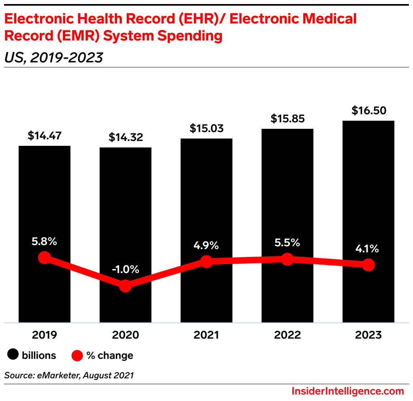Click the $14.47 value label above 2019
click(x=45, y=135)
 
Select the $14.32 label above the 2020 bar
click(x=126, y=137)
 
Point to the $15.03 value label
click(x=206, y=128)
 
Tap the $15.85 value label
click(x=287, y=119)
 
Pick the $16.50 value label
click(x=368, y=110)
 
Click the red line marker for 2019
click(x=45, y=258)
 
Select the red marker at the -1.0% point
click(x=126, y=286)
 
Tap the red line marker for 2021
click(x=206, y=262)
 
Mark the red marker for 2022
click(x=287, y=259)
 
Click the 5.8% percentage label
click(x=45, y=242)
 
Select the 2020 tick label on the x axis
click(x=126, y=335)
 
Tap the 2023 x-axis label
click(x=368, y=335)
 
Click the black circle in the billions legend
click(x=13, y=355)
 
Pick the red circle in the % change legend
click(x=77, y=356)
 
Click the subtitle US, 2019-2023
click(x=53, y=58)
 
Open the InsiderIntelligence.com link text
click(x=348, y=391)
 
